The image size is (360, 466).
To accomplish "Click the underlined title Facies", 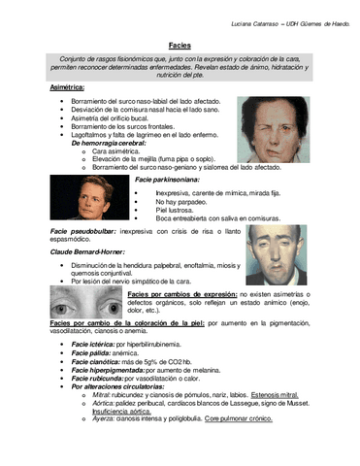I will click(x=180, y=46).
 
